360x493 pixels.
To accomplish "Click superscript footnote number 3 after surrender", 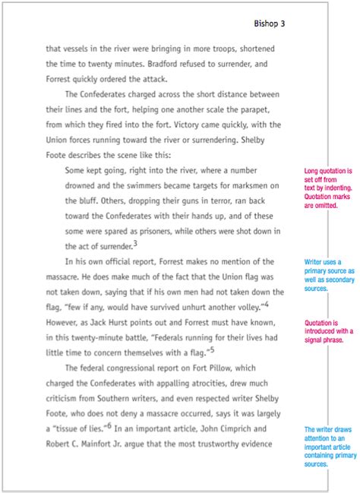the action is point(135,243).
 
